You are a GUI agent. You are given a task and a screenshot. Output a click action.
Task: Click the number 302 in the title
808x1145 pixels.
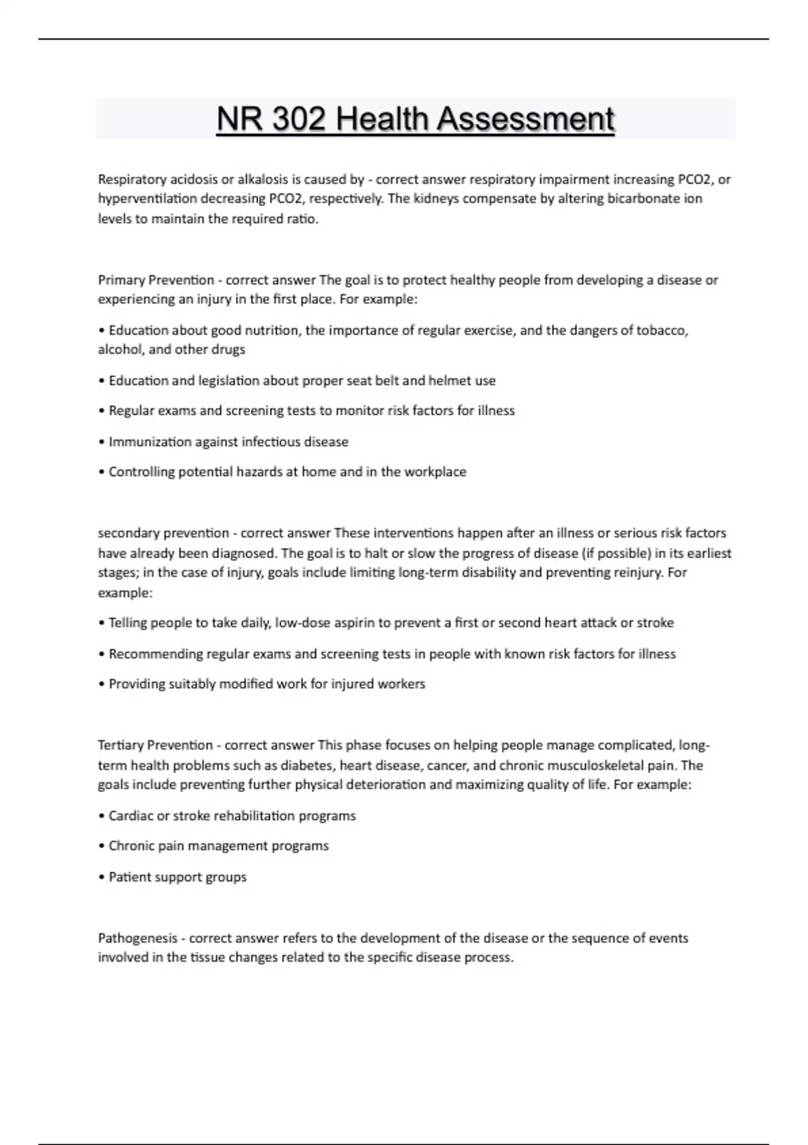tap(297, 120)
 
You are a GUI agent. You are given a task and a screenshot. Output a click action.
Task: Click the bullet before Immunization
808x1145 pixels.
tap(102, 442)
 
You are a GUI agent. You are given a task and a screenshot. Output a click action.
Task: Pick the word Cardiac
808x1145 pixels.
tap(131, 816)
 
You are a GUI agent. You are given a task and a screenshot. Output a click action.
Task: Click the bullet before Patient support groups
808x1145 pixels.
tap(102, 877)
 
